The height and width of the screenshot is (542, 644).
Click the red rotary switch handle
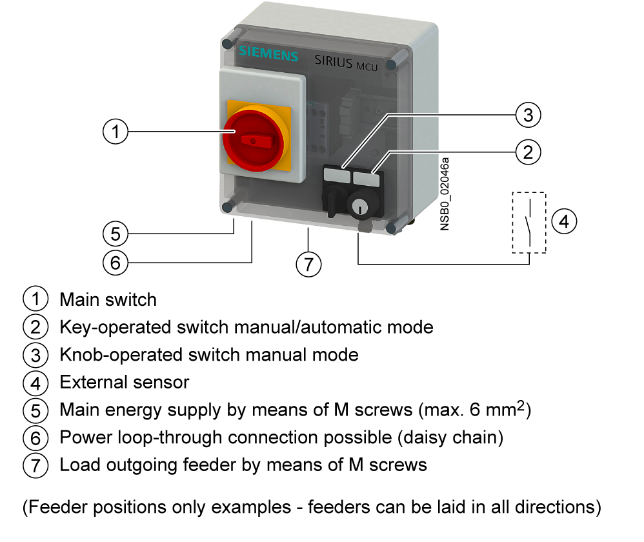(253, 140)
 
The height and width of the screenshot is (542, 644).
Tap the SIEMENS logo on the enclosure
(268, 54)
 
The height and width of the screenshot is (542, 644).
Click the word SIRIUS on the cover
(333, 61)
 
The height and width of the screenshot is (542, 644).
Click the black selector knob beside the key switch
(334, 197)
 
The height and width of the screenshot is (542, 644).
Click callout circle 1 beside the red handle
(115, 132)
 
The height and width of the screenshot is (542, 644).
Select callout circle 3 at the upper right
(528, 115)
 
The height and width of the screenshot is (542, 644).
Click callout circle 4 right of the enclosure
(563, 221)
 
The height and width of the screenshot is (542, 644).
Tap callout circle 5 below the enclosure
(115, 233)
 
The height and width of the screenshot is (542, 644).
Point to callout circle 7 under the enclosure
(308, 264)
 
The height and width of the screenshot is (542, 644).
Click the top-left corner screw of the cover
(228, 44)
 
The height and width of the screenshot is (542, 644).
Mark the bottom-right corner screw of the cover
(392, 227)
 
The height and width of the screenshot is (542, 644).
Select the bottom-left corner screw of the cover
(227, 206)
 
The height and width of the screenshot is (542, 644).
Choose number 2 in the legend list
(35, 327)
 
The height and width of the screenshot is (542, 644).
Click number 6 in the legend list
(35, 438)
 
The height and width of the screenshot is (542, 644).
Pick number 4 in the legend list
(35, 383)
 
